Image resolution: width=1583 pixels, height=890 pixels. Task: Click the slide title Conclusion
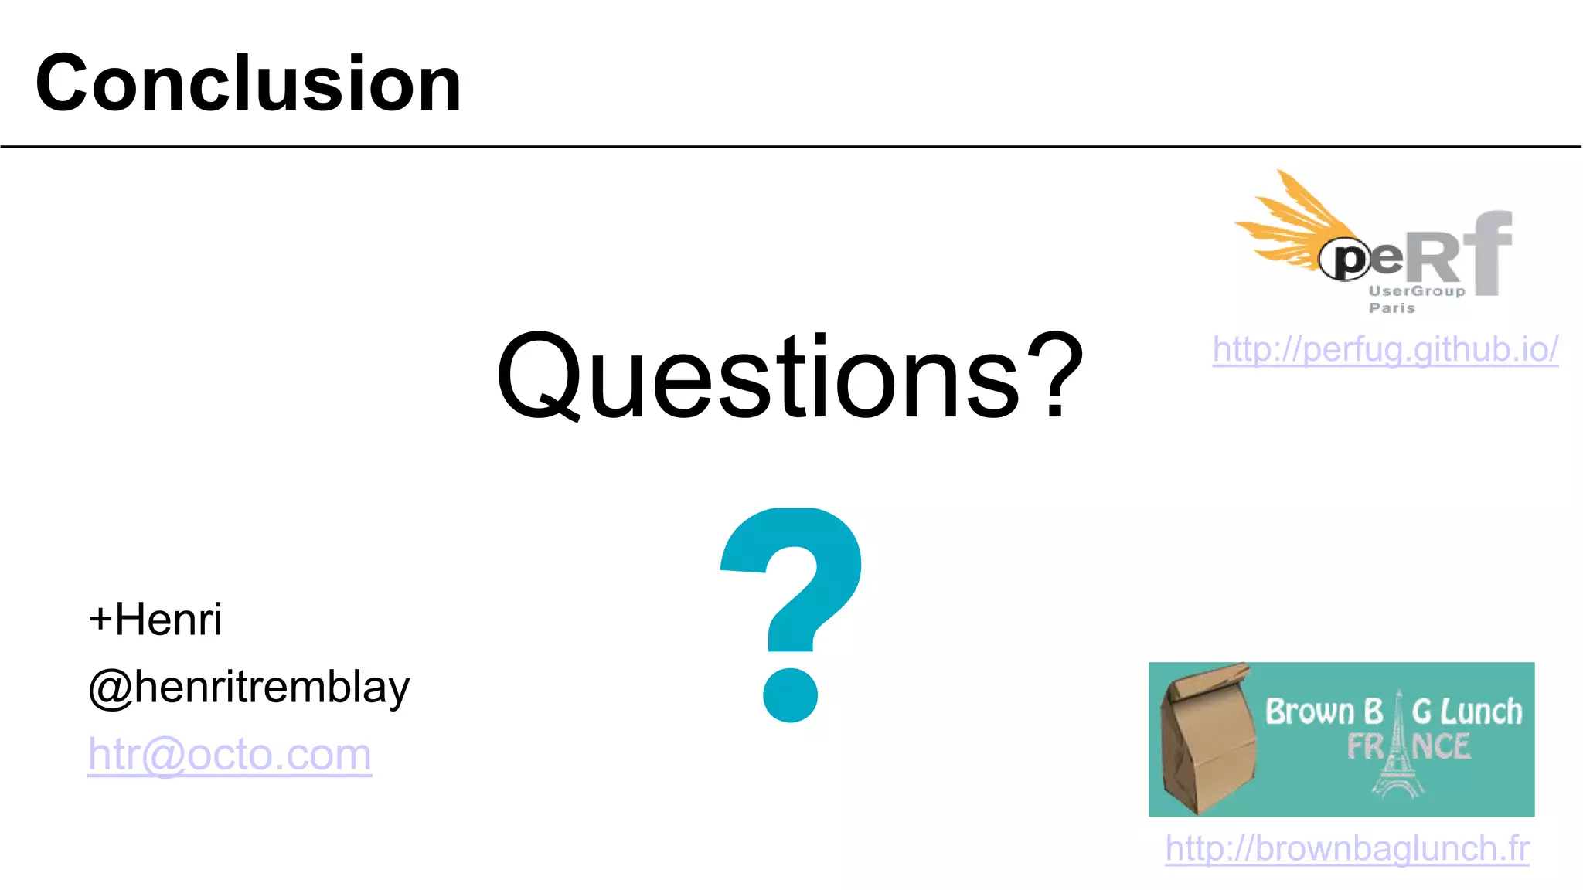(x=248, y=83)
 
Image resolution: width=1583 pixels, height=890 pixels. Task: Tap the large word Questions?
(x=790, y=376)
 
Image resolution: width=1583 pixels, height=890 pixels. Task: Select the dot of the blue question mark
(x=790, y=695)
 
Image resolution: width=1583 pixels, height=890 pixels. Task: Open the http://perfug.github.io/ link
(x=1385, y=349)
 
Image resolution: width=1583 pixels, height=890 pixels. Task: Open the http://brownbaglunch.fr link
(x=1346, y=848)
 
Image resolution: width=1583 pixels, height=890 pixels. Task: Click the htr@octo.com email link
(x=230, y=754)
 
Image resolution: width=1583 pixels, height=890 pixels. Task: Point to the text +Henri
(x=155, y=620)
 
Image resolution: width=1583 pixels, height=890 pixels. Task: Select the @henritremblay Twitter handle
(x=249, y=687)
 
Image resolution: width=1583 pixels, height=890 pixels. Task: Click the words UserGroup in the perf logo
(x=1416, y=291)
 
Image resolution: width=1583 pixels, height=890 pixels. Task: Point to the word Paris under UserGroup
(x=1391, y=308)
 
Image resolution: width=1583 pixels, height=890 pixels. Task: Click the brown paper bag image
(x=1207, y=739)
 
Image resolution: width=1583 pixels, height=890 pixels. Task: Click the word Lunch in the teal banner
(x=1482, y=712)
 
